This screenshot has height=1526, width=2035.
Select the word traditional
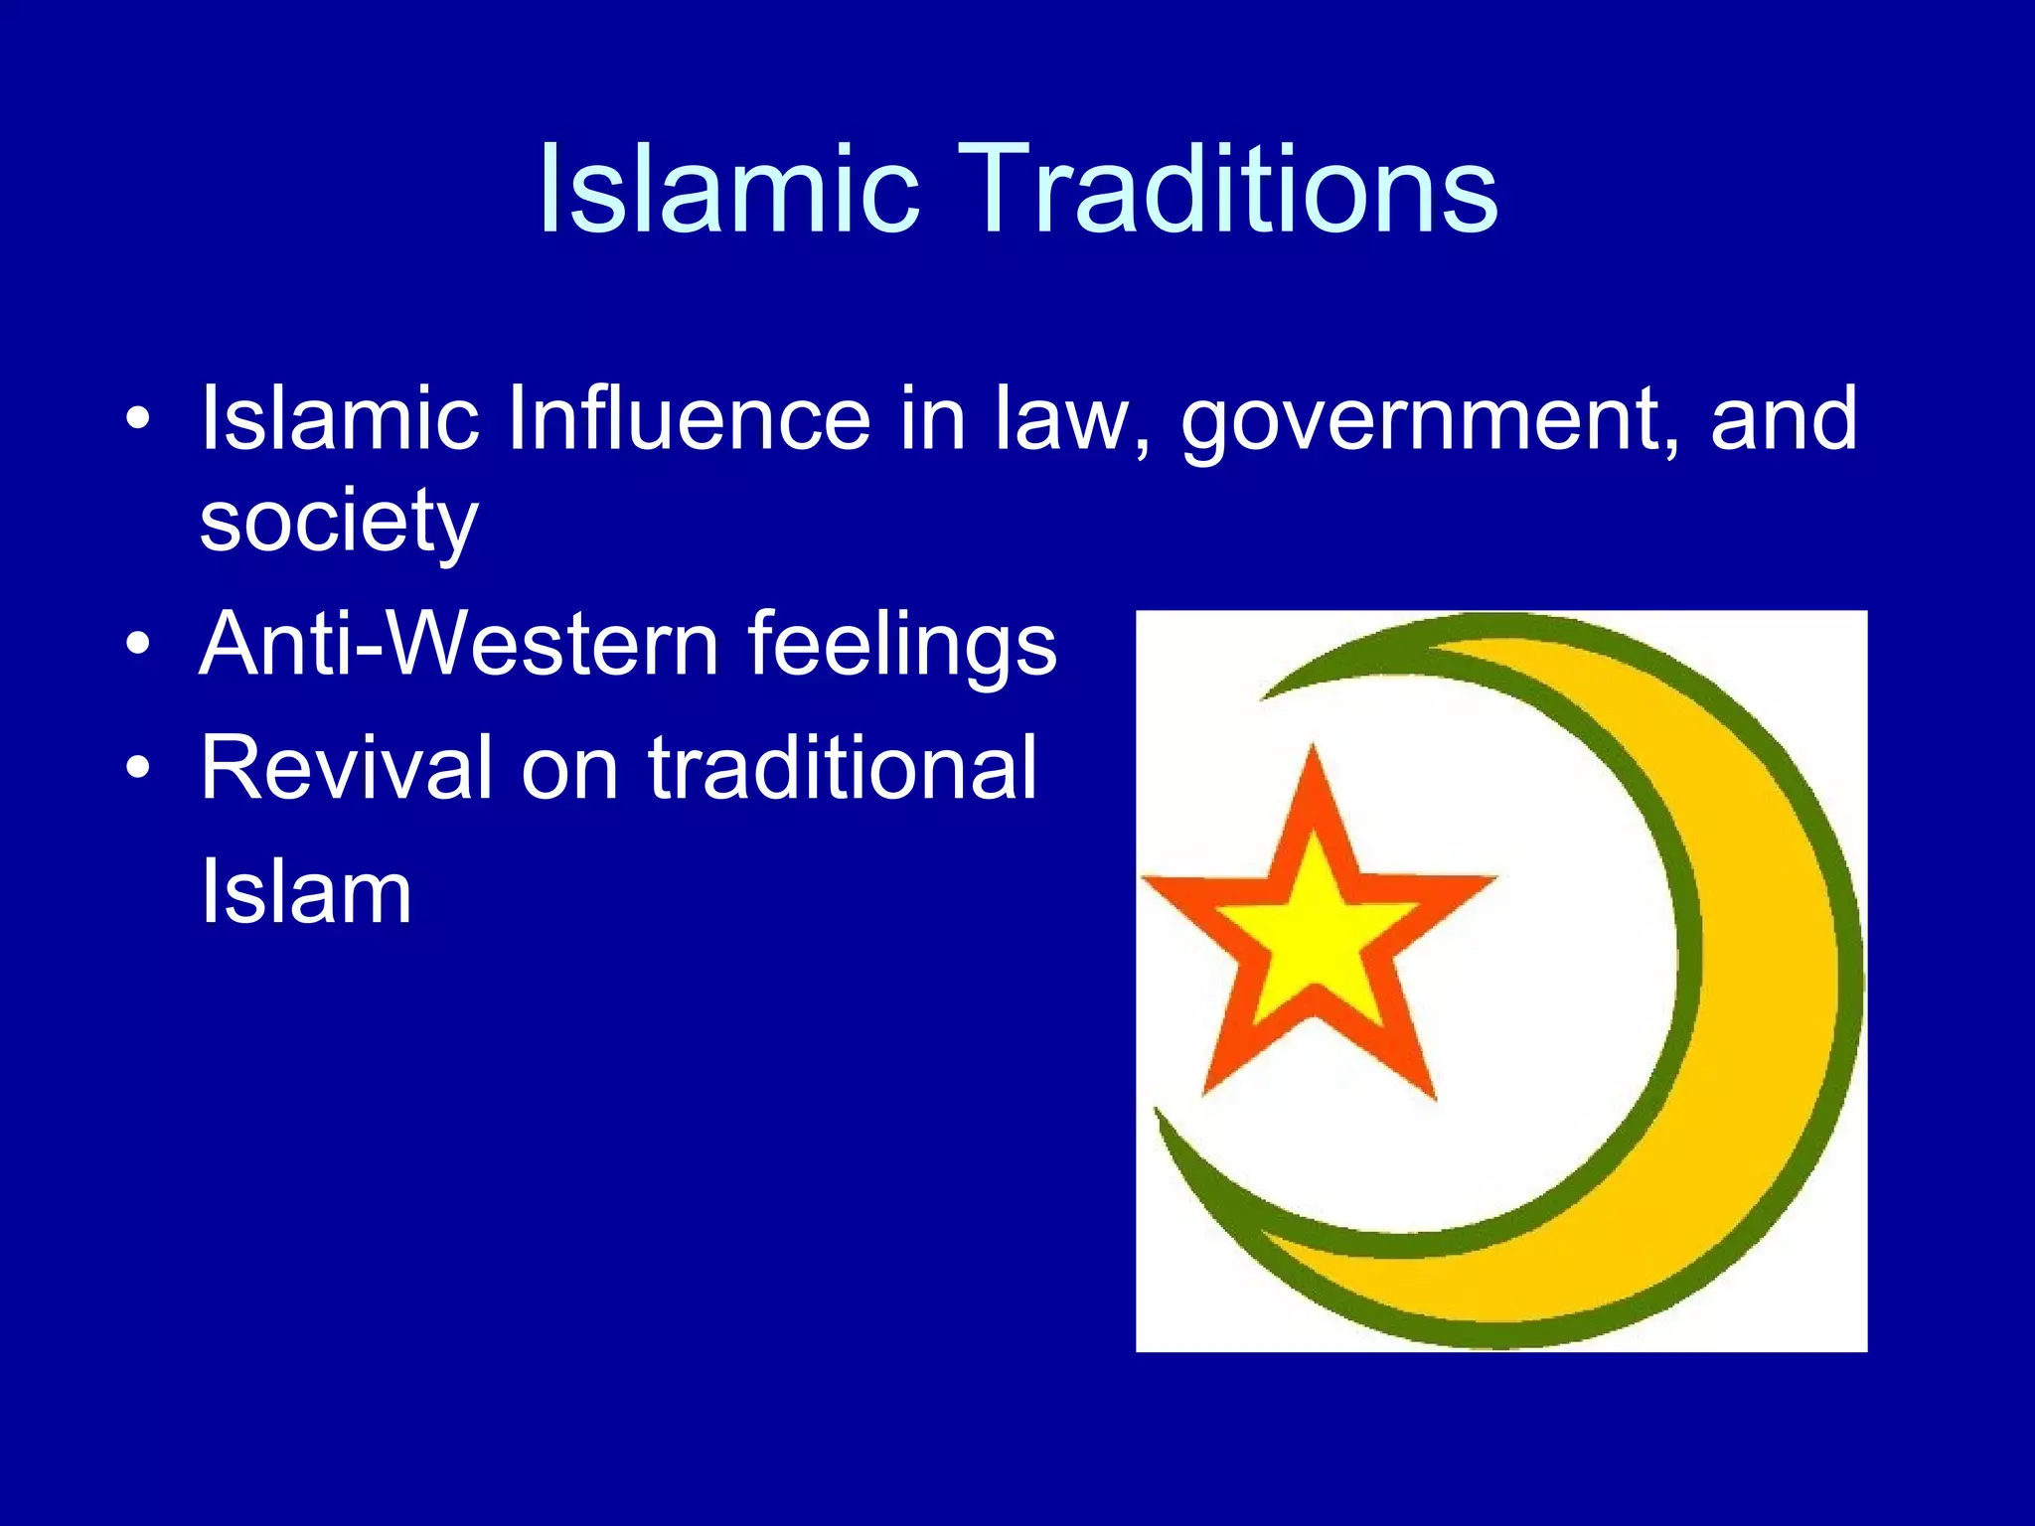tap(843, 767)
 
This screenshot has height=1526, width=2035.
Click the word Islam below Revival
tap(306, 891)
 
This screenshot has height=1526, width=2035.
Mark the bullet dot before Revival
tap(138, 767)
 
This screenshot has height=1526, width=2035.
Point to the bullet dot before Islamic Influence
tap(138, 418)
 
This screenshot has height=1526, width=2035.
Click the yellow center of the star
tap(1314, 934)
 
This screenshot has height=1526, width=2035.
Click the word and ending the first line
tap(1783, 418)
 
